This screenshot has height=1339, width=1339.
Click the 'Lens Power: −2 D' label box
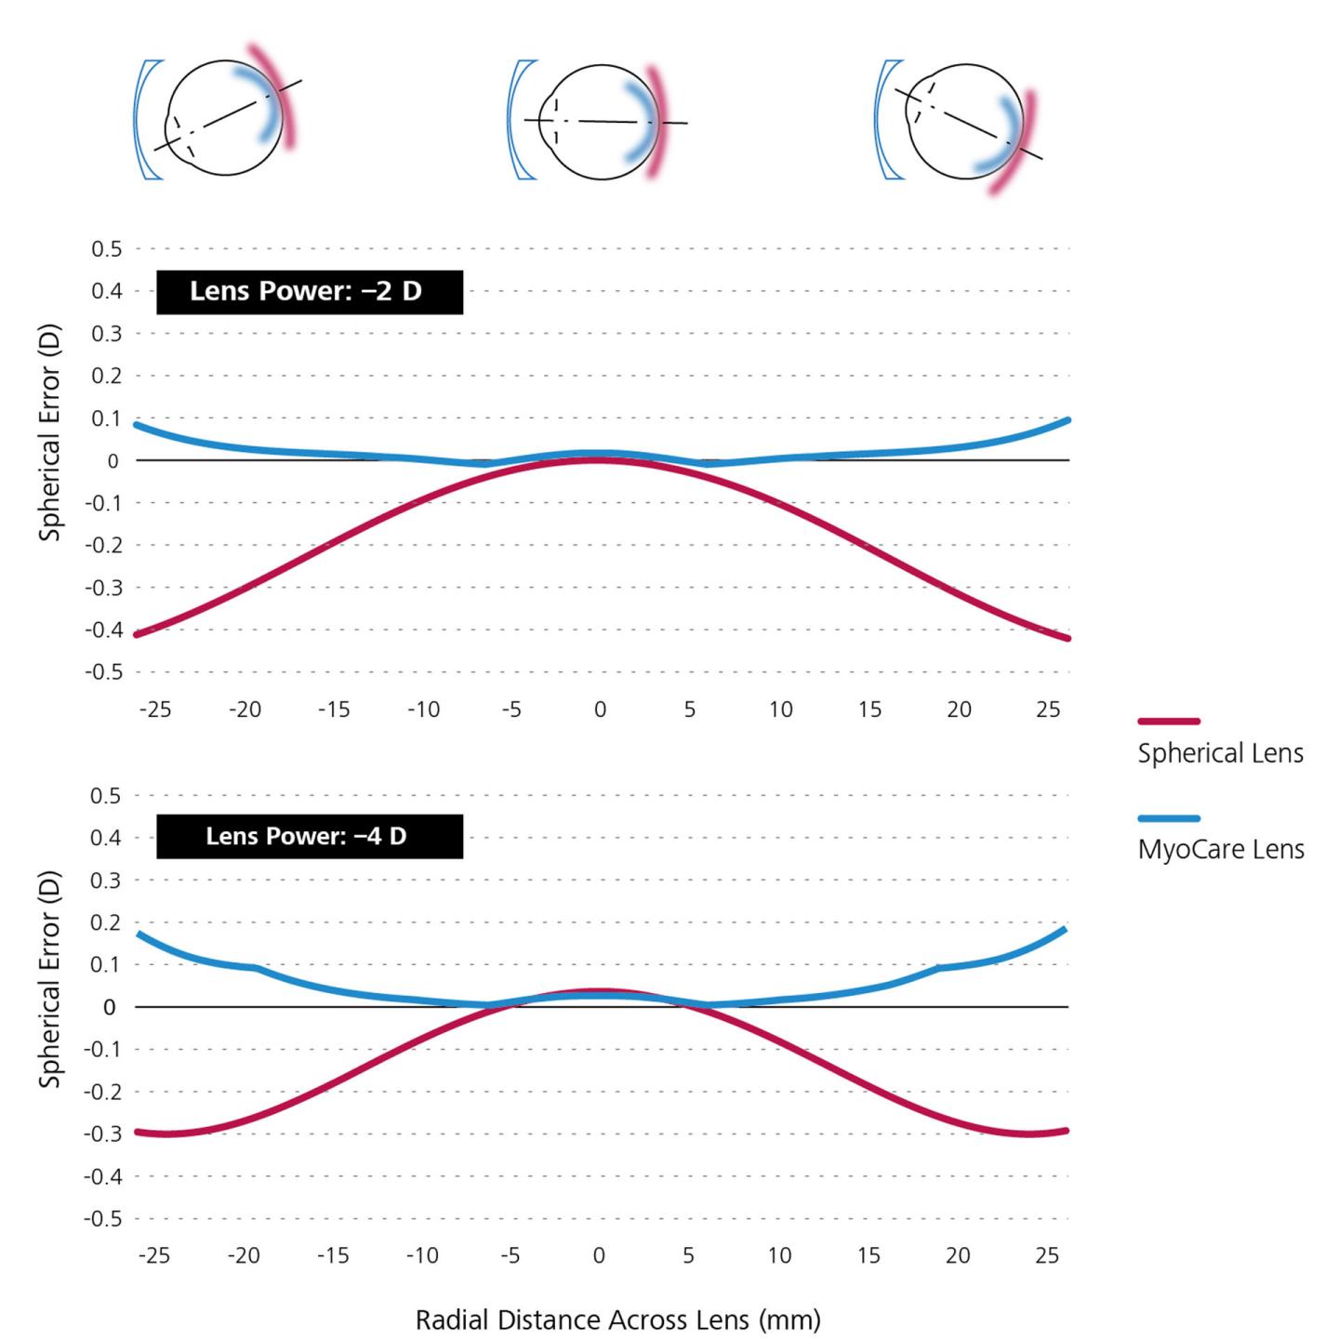309,292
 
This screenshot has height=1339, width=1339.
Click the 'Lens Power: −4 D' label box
309,836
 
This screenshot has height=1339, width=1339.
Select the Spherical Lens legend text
1220,753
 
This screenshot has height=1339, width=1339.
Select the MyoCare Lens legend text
1220,849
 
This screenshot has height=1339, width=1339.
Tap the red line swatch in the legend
1169,721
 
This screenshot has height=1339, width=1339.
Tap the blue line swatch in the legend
1169,818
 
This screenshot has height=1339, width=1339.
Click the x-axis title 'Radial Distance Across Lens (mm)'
617,1319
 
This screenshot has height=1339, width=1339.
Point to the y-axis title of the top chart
49,432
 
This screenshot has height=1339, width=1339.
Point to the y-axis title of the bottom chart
49,979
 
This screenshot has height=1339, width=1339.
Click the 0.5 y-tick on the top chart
106,249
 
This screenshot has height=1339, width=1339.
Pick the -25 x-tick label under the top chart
155,709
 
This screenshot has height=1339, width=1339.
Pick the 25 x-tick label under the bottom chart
1047,1255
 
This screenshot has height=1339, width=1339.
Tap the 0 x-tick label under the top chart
600,709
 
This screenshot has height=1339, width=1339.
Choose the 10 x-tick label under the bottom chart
779,1255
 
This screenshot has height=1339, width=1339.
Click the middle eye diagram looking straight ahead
600,122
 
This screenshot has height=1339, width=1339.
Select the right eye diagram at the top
963,122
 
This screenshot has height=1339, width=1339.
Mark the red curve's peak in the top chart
600,459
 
